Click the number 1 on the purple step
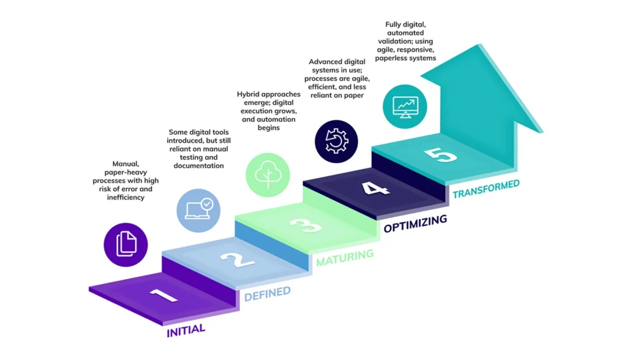click(163, 296)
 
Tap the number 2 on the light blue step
click(237, 260)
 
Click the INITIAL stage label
click(186, 331)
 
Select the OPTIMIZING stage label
click(415, 224)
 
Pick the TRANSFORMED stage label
click(486, 189)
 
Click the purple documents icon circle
click(126, 244)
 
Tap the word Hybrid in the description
click(250, 94)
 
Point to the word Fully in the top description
click(394, 24)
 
